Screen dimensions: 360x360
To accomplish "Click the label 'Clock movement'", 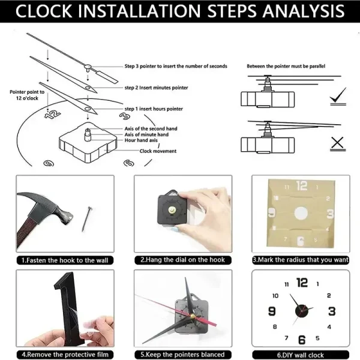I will pyautogui.click(x=158, y=151).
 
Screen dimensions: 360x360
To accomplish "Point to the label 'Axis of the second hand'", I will pyautogui.click(x=151, y=129).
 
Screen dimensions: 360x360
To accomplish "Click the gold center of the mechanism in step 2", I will pyautogui.click(x=174, y=210).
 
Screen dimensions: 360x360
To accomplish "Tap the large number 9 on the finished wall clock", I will pyautogui.click(x=272, y=311).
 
